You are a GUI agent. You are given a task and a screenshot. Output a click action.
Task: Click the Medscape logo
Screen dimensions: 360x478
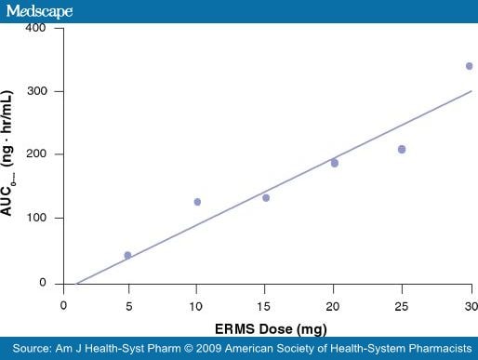tap(42, 10)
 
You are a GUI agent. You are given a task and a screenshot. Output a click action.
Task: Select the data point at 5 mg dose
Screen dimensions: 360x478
tap(127, 255)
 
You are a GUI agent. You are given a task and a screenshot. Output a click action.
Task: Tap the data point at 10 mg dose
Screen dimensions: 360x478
tap(197, 202)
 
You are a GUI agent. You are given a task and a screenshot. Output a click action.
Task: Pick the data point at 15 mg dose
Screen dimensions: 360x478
tap(266, 197)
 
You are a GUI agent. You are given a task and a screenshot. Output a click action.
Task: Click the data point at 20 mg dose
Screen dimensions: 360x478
tap(335, 163)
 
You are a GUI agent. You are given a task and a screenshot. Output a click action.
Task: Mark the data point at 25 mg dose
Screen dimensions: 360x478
tap(402, 149)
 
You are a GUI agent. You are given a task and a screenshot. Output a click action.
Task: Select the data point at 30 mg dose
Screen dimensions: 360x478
tap(470, 66)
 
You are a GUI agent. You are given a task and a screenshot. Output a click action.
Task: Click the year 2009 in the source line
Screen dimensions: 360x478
tap(218, 350)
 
